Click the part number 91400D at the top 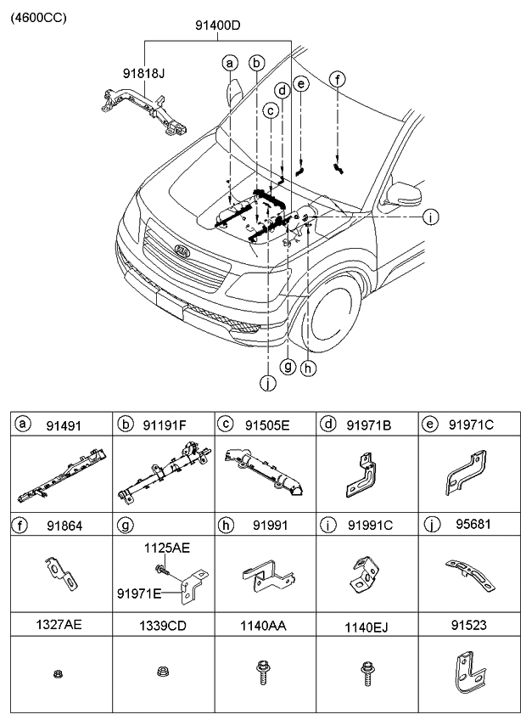[216, 25]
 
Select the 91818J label [143, 74]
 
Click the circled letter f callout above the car [338, 79]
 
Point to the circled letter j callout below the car [268, 383]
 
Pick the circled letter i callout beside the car [431, 217]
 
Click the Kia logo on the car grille [182, 252]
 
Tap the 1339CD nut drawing [161, 673]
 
